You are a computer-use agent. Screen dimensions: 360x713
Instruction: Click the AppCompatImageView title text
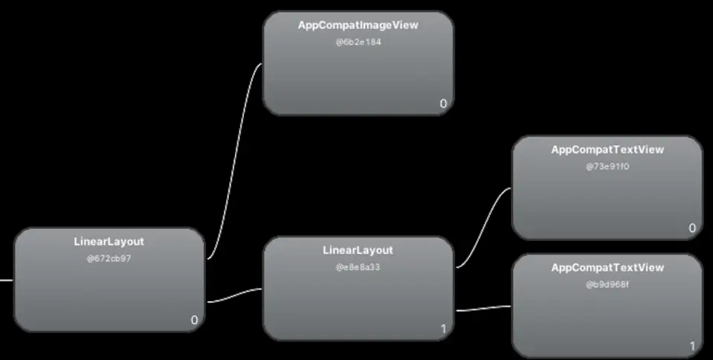pyautogui.click(x=358, y=25)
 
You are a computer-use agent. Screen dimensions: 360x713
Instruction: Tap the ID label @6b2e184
pyautogui.click(x=358, y=42)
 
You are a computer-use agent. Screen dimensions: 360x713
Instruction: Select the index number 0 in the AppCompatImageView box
pyautogui.click(x=443, y=103)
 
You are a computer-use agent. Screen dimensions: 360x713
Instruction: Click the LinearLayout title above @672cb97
pyautogui.click(x=109, y=242)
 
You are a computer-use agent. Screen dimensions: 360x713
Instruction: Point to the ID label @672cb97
pyautogui.click(x=109, y=259)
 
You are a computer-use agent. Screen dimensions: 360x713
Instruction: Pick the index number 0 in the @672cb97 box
pyautogui.click(x=194, y=321)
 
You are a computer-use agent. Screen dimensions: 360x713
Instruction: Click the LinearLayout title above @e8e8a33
pyautogui.click(x=358, y=251)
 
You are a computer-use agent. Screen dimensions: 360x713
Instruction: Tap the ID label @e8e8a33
pyautogui.click(x=358, y=267)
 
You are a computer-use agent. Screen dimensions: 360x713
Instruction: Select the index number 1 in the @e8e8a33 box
pyautogui.click(x=443, y=329)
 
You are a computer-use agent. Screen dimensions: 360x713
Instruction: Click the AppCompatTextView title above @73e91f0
pyautogui.click(x=607, y=150)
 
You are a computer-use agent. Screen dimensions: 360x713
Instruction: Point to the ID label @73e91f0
pyautogui.click(x=607, y=167)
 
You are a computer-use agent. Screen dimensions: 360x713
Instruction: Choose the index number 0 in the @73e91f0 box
pyautogui.click(x=692, y=228)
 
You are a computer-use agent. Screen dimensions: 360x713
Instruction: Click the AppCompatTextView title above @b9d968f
pyautogui.click(x=607, y=268)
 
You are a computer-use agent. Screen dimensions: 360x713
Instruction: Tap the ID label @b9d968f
pyautogui.click(x=607, y=284)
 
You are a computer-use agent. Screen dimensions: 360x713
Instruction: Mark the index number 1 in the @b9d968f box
pyautogui.click(x=692, y=346)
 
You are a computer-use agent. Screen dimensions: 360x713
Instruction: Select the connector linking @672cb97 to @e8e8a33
pyautogui.click(x=235, y=295)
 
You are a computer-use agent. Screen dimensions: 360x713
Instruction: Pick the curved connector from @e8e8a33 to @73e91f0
pyautogui.click(x=483, y=227)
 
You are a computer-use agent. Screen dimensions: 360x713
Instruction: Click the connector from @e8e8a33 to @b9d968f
pyautogui.click(x=483, y=308)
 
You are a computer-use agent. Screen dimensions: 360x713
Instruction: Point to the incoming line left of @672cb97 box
pyautogui.click(x=6, y=281)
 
